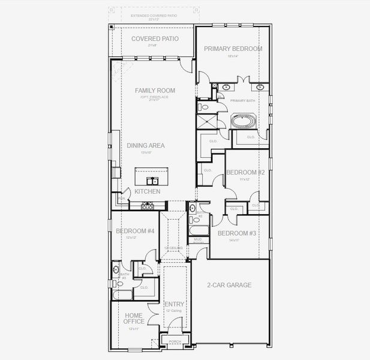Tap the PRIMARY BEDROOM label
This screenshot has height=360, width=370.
click(233, 49)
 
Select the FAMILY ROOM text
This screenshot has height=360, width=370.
click(155, 91)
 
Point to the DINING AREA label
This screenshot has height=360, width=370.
click(145, 145)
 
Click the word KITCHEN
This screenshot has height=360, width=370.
click(147, 191)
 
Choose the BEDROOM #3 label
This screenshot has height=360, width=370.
click(236, 233)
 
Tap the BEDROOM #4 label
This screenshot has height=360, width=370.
click(135, 231)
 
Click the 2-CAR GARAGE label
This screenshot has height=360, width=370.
click(229, 285)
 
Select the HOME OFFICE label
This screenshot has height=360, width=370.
click(134, 318)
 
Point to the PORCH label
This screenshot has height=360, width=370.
click(175, 342)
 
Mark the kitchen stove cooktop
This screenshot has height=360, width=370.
click(147, 206)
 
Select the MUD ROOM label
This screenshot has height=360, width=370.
click(197, 240)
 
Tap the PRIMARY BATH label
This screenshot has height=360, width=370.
click(243, 101)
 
